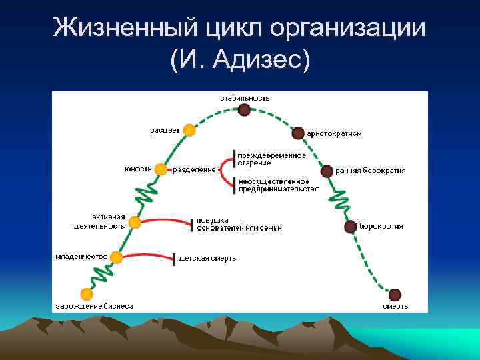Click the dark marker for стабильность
point(245,109)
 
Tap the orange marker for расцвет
point(189,130)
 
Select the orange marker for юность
point(160,169)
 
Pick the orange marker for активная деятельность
point(135,222)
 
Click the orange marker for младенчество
point(117,257)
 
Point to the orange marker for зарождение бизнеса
point(86,294)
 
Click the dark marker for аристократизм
point(297,133)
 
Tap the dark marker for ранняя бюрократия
point(327,171)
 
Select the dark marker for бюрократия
point(350,227)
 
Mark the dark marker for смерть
point(395,294)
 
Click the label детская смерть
point(207,258)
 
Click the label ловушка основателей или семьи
point(239,224)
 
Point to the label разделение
point(194,169)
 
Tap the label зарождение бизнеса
point(93,307)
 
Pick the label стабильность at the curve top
point(245,97)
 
